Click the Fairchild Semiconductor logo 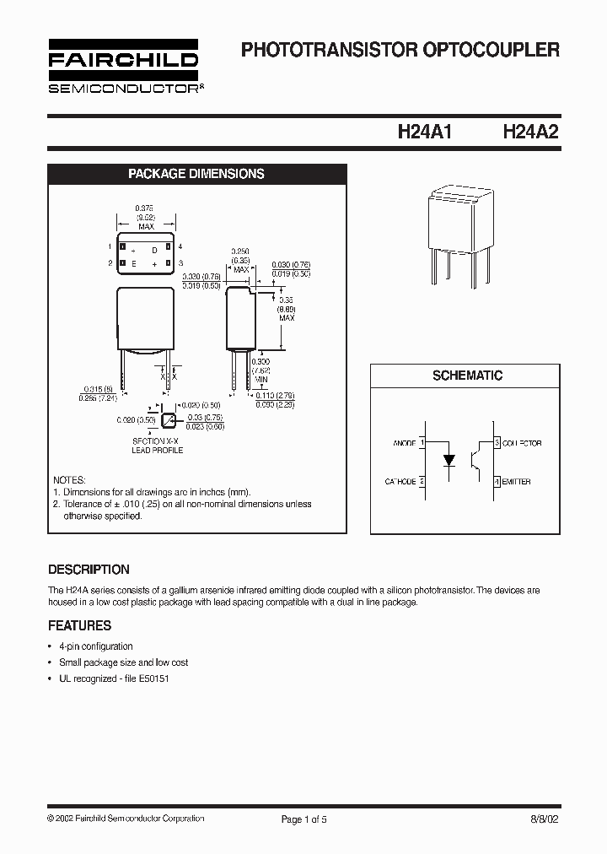pyautogui.click(x=123, y=68)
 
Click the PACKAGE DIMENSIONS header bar pyautogui.click(x=196, y=174)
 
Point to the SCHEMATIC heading pyautogui.click(x=467, y=376)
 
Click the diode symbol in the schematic pyautogui.click(x=449, y=461)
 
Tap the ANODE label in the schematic pyautogui.click(x=404, y=443)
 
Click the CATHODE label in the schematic pyautogui.click(x=400, y=482)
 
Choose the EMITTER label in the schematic pyautogui.click(x=517, y=482)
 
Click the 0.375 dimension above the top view pyautogui.click(x=144, y=208)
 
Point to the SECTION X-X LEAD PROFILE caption pyautogui.click(x=157, y=446)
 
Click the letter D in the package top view pyautogui.click(x=154, y=251)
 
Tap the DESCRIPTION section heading pyautogui.click(x=89, y=570)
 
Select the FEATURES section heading pyautogui.click(x=79, y=626)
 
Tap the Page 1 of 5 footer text pyautogui.click(x=303, y=819)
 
